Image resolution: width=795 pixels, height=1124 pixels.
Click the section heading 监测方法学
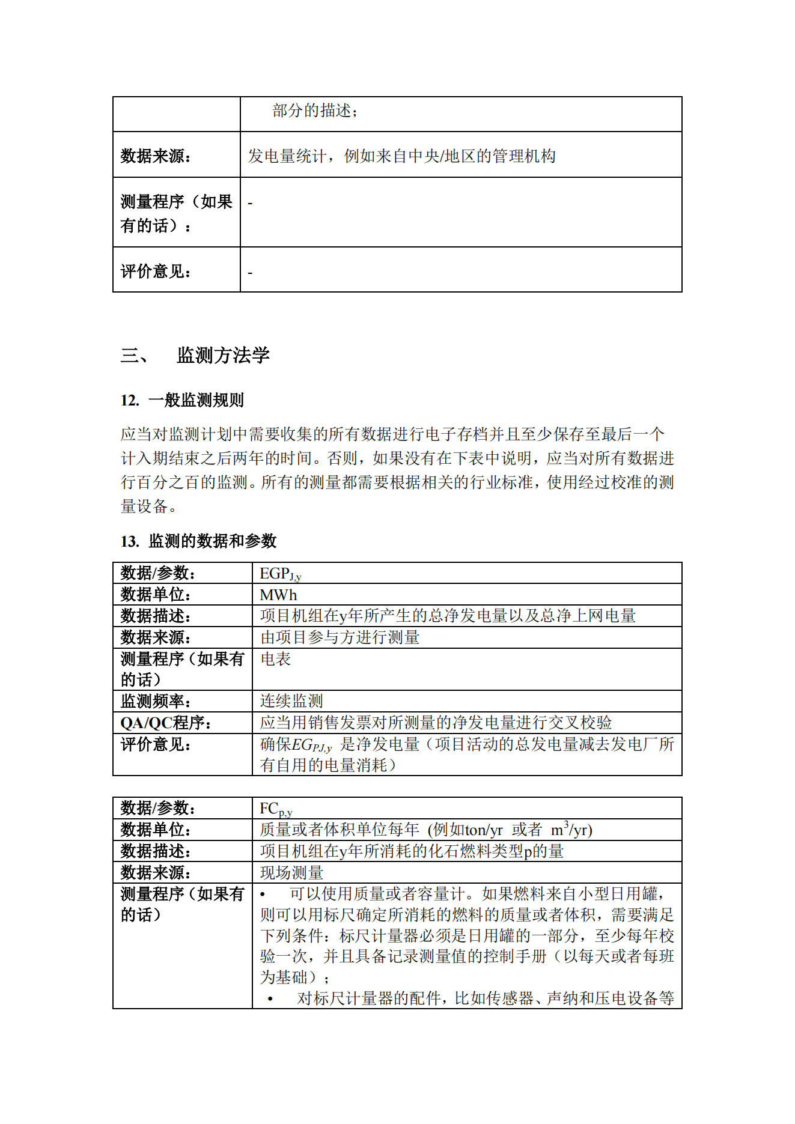point(223,355)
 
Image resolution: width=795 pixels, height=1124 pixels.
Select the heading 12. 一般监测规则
point(182,400)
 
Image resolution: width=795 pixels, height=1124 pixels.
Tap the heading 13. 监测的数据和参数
point(198,541)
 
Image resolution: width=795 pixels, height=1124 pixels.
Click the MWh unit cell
point(278,595)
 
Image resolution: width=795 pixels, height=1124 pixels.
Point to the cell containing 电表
point(276,659)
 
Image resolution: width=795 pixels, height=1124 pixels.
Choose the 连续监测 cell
point(291,700)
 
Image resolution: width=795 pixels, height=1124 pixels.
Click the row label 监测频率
point(156,700)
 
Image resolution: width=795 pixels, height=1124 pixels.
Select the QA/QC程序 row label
point(166,722)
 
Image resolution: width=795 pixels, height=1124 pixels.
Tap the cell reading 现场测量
point(291,872)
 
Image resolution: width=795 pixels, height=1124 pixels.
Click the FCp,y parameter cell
point(276,809)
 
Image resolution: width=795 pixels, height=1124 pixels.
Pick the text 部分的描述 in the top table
point(314,111)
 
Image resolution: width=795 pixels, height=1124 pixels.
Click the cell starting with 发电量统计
point(401,156)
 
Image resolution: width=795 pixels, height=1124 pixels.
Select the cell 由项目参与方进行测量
point(340,637)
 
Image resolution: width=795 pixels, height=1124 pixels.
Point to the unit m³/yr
point(571,830)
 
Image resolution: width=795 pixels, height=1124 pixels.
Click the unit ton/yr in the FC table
point(483,830)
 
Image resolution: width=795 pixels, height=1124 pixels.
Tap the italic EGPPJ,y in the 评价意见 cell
point(311,745)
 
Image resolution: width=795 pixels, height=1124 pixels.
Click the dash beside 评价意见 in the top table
point(250,273)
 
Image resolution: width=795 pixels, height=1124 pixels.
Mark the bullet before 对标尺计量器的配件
point(270,998)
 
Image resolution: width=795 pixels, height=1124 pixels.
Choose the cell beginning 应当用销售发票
point(436,722)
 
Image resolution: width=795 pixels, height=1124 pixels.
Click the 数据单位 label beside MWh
point(156,595)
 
